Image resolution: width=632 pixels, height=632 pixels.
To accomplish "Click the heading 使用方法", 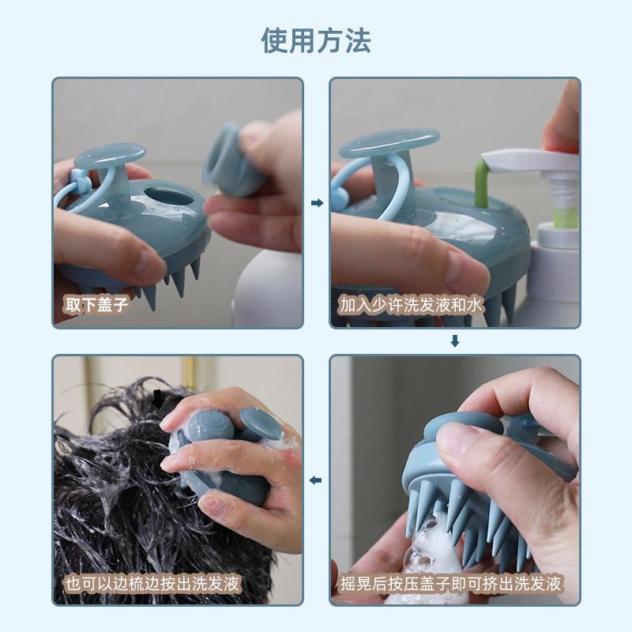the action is pyautogui.click(x=316, y=41).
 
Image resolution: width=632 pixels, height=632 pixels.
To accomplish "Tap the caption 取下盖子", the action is pyautogui.click(x=96, y=304).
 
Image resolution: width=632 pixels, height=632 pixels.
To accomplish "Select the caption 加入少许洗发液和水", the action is pyautogui.click(x=411, y=305).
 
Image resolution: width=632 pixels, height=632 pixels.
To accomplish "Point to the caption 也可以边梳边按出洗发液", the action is pyautogui.click(x=152, y=583).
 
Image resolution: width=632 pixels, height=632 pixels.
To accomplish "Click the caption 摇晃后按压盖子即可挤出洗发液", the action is pyautogui.click(x=450, y=583).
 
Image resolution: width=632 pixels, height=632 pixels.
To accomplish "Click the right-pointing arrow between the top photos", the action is pyautogui.click(x=318, y=203).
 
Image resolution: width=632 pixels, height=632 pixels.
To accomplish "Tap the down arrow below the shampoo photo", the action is pyautogui.click(x=455, y=341).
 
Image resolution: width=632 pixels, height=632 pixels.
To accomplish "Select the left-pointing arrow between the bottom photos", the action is pyautogui.click(x=315, y=480).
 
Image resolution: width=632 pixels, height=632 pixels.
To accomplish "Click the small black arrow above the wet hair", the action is pyautogui.click(x=158, y=397).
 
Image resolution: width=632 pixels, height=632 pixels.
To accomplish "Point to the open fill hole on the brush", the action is pyautogui.click(x=168, y=195).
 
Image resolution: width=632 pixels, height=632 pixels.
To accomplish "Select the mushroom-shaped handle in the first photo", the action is pyautogui.click(x=111, y=169).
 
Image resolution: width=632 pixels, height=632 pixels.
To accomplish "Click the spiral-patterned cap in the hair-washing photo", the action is pyautogui.click(x=211, y=427).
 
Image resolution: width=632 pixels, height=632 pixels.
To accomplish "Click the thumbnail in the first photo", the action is pyautogui.click(x=150, y=263).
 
